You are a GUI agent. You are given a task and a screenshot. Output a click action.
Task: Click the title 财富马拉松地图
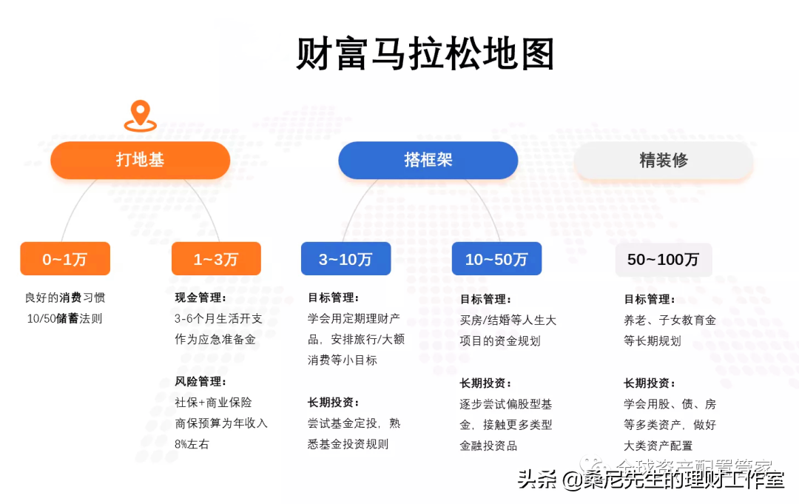(425, 54)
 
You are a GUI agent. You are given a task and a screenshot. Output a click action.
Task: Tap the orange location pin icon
(140, 116)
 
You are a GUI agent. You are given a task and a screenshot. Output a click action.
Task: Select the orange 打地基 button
(140, 160)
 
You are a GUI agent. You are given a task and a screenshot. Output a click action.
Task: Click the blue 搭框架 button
(428, 160)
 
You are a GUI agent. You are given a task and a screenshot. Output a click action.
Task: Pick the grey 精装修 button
(664, 160)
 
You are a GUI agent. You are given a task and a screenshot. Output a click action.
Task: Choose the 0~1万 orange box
(65, 259)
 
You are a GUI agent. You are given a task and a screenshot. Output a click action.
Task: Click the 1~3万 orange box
(216, 259)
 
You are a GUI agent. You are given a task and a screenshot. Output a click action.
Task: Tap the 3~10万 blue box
(345, 259)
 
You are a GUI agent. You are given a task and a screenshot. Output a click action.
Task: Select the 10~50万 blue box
(496, 259)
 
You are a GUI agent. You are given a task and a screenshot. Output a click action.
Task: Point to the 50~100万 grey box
(664, 260)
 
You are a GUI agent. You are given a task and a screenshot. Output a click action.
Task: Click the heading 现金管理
(200, 298)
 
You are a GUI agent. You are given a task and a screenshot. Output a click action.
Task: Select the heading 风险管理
(200, 382)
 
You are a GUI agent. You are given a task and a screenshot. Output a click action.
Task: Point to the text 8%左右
(192, 444)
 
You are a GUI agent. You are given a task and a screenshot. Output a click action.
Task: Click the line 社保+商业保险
(213, 403)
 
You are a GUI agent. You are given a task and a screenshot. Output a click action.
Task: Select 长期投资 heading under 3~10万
(333, 403)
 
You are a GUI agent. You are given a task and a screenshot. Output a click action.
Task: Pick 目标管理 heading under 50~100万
(649, 300)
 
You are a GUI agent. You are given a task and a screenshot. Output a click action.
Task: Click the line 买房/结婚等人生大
(508, 320)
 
